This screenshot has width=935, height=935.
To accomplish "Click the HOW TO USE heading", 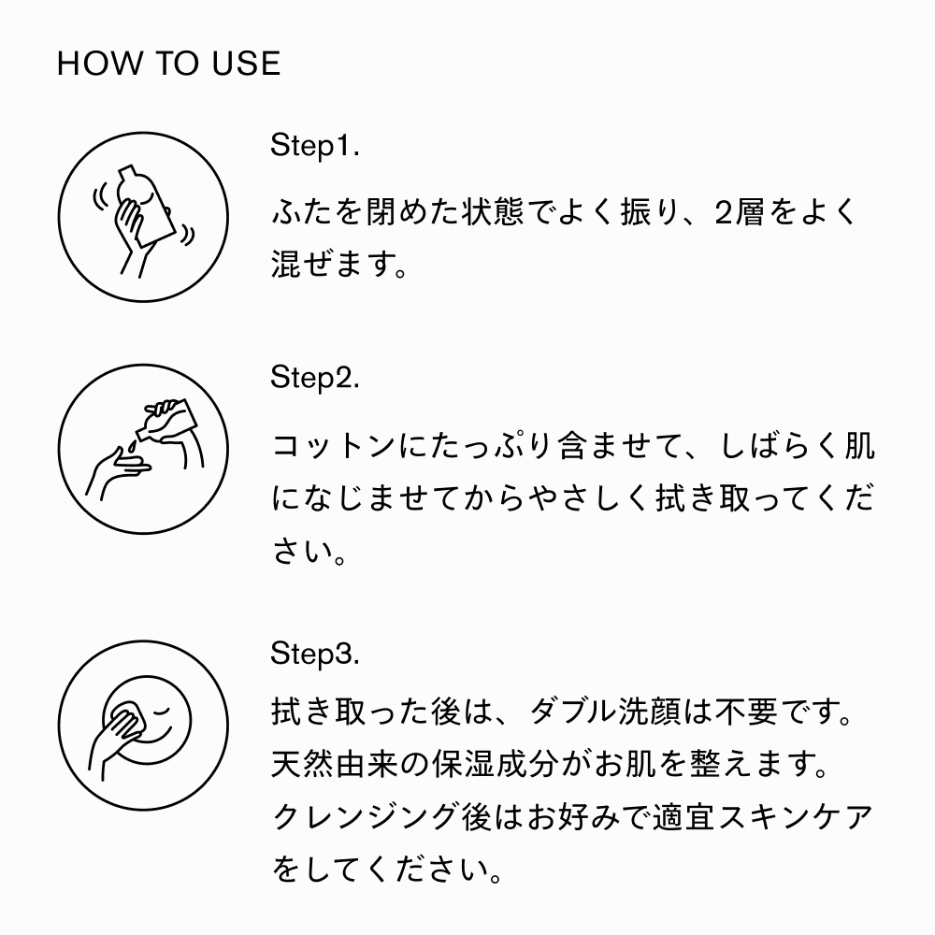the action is click(168, 64).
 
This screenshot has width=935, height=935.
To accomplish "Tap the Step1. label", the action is click(315, 145).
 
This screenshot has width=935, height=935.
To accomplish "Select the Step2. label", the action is click(315, 377).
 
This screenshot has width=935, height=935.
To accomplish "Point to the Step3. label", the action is click(315, 653).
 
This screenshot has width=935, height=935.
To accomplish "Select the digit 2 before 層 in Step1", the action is click(724, 213).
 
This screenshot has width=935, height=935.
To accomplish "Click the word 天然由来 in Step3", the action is click(335, 764).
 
